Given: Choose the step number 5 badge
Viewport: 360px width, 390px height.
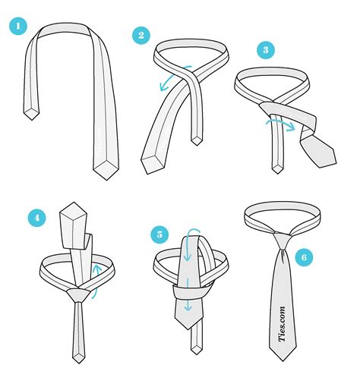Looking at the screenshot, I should point(161,235).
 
